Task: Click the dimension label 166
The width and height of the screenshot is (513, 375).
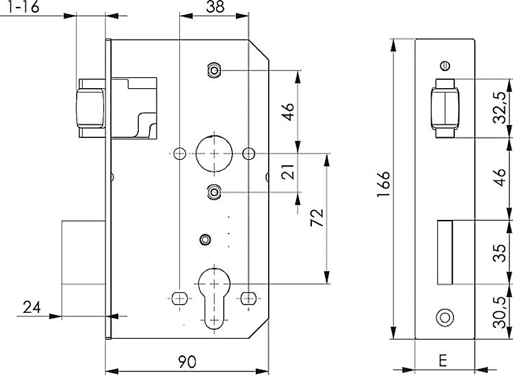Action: [384, 184]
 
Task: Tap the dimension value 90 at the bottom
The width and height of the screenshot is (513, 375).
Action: [187, 361]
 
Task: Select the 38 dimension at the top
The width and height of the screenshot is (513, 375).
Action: [215, 7]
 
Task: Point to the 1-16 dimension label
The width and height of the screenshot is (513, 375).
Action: [23, 7]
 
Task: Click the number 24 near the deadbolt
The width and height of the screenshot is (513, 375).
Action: [31, 307]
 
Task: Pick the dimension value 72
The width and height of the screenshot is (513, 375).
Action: [317, 217]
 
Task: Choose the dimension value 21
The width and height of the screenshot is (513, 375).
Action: [288, 171]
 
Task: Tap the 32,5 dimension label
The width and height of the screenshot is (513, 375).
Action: [500, 107]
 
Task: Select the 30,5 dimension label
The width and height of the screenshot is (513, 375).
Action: [500, 313]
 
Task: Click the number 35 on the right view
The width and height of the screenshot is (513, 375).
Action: [500, 253]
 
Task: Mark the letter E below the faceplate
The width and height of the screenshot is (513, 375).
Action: [443, 361]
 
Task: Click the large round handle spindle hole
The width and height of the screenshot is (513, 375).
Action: [214, 153]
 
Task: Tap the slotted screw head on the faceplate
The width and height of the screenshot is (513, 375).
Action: [445, 66]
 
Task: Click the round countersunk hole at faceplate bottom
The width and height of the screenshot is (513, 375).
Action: [445, 318]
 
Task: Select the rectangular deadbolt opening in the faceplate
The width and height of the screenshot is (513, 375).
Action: [445, 253]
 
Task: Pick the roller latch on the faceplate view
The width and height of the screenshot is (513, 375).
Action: [445, 109]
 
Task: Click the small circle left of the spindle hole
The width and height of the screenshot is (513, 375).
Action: [180, 153]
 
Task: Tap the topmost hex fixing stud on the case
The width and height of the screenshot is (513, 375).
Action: [214, 70]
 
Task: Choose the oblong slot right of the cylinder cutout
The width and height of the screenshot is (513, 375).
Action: [249, 298]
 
